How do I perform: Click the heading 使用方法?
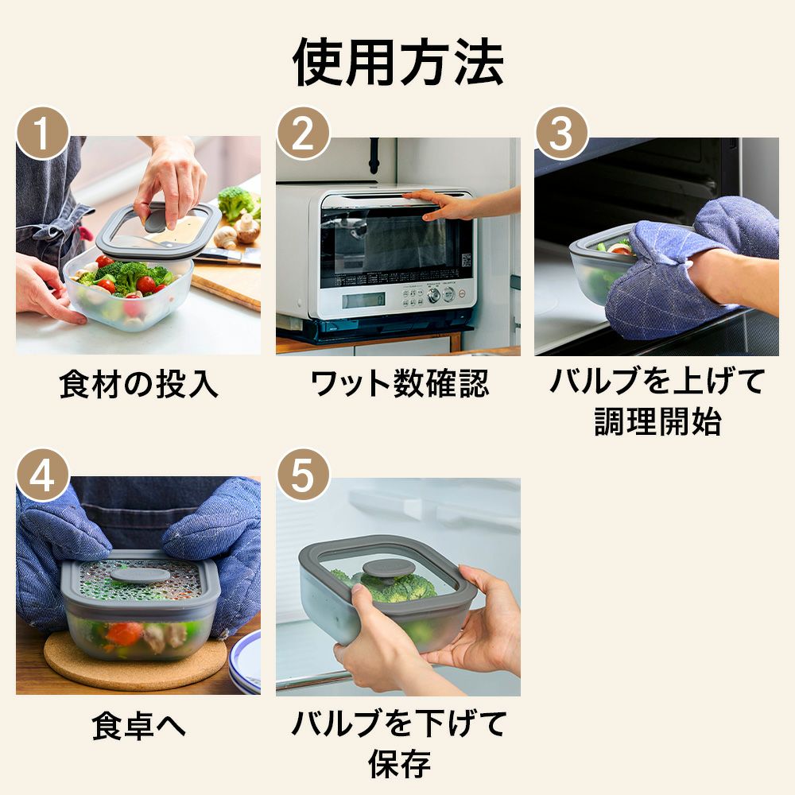[x=398, y=62]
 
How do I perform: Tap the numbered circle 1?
[x=43, y=134]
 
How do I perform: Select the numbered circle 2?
[x=303, y=134]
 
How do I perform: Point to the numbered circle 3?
[x=562, y=134]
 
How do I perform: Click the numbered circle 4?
[x=43, y=475]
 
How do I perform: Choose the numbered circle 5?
[x=303, y=475]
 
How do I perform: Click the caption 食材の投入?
[x=138, y=384]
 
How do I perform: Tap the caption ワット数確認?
[x=400, y=384]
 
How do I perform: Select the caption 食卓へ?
[x=138, y=726]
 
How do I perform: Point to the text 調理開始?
[x=657, y=421]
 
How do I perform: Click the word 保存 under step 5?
[x=400, y=764]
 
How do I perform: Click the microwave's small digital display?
[x=363, y=301]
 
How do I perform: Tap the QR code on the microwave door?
[x=465, y=260]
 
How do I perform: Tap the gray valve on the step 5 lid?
[x=382, y=569]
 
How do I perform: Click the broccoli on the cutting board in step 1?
[x=236, y=204]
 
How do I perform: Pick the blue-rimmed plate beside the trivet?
[x=246, y=661]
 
